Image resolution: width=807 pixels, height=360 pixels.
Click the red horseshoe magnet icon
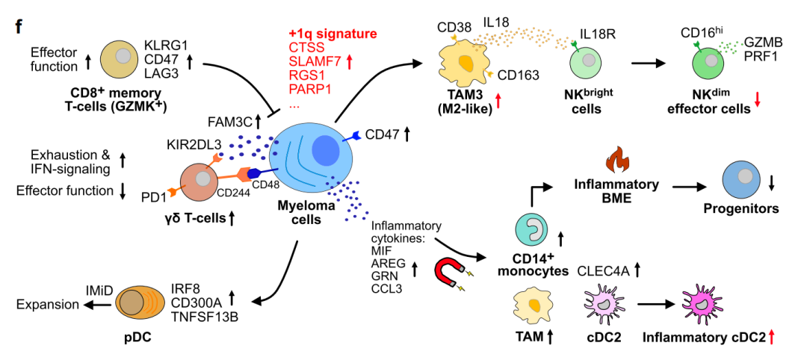(451, 274)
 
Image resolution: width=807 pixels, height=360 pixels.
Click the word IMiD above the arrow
(99, 289)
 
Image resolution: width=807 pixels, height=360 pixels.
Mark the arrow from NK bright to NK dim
(647, 63)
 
